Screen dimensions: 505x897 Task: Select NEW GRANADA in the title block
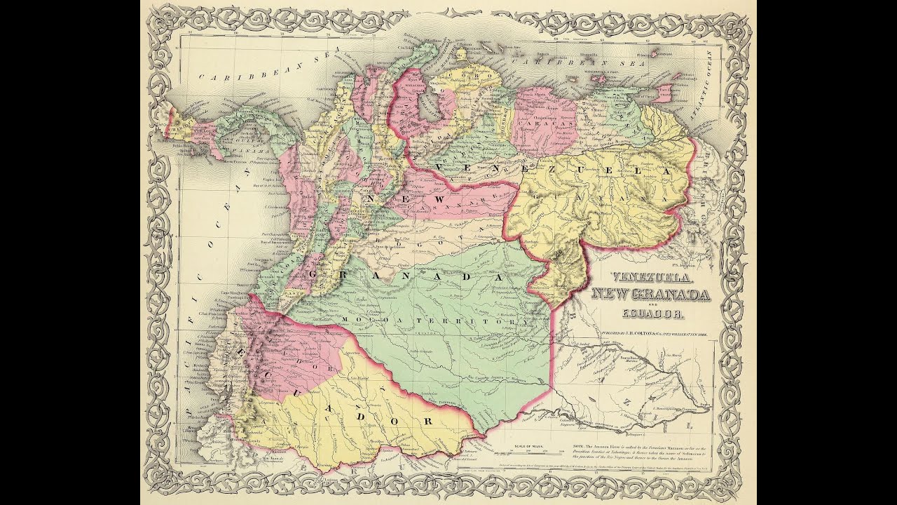click(x=650, y=295)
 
